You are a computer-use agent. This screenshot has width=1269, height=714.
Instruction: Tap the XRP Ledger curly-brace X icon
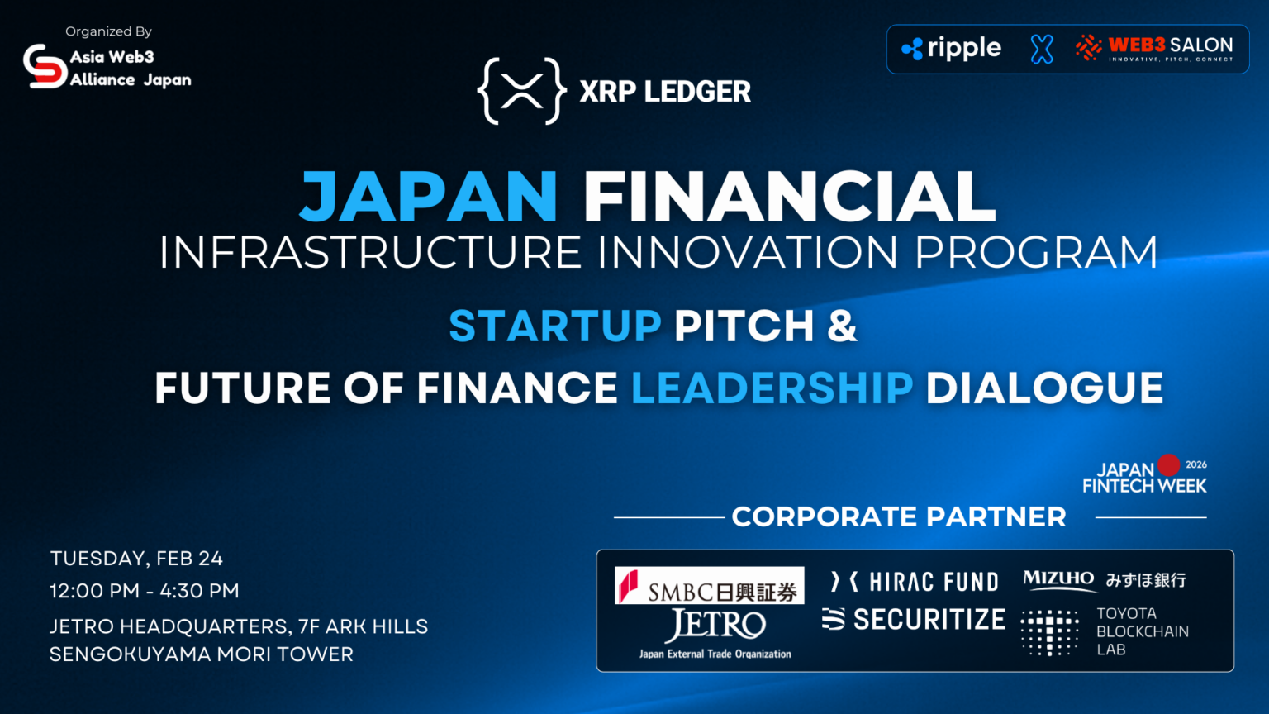(x=521, y=91)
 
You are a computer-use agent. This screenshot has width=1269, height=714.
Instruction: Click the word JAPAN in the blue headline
(x=429, y=197)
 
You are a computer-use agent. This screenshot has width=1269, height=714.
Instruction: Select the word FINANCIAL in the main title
(x=789, y=197)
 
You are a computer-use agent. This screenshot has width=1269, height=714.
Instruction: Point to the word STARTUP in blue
(x=555, y=326)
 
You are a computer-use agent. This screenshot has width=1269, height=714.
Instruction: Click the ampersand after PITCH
(x=842, y=326)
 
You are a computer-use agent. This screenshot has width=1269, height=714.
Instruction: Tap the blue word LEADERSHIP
(x=772, y=388)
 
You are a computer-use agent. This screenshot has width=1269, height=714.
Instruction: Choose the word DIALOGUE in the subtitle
(x=1044, y=388)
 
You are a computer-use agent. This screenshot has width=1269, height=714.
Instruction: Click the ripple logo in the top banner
(x=952, y=49)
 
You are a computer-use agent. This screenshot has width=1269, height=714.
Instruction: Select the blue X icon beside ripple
(x=1042, y=50)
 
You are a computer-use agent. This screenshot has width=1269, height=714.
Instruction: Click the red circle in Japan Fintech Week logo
(x=1168, y=465)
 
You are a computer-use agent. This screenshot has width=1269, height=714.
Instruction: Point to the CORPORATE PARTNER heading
(x=899, y=517)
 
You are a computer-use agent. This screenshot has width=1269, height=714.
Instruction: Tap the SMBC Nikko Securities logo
(x=709, y=586)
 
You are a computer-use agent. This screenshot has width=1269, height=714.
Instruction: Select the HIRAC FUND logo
(x=915, y=582)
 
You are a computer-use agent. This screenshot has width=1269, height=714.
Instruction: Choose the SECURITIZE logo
(x=914, y=619)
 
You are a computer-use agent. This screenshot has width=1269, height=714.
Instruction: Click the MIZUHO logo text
(x=1058, y=578)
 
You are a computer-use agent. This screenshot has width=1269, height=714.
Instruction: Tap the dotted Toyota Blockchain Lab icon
(x=1049, y=632)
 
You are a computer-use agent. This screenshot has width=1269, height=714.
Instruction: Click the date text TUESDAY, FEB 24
(x=136, y=559)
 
